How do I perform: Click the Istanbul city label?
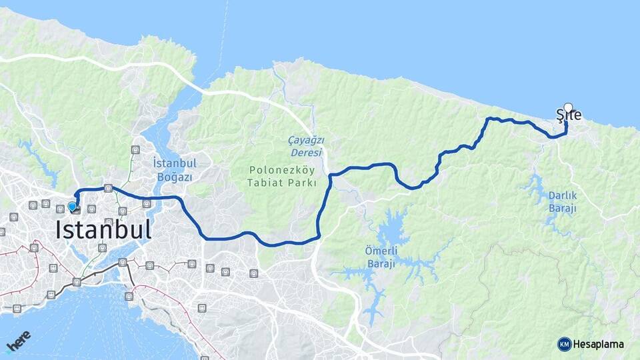pos(103,230)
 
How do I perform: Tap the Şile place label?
pos(569,116)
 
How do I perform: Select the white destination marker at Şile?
pos(568,107)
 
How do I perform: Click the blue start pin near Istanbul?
pos(72,207)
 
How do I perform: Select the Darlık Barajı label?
pos(562,201)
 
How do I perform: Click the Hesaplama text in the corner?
pos(599,344)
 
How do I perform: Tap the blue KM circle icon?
pos(565,344)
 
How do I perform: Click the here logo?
pos(18,341)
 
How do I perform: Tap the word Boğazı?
pos(175,177)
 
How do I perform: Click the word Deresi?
pos(305,153)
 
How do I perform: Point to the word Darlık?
pos(562,195)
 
